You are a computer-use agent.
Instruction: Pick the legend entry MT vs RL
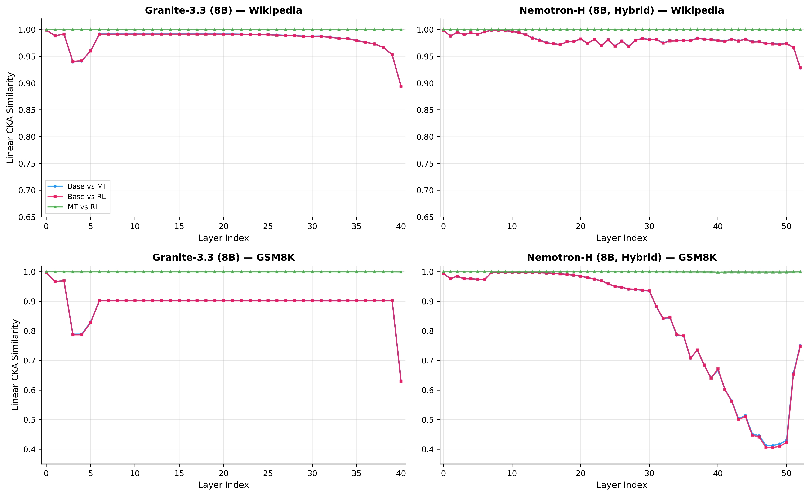coord(83,207)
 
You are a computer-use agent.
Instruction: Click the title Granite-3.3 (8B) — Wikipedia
coord(223,10)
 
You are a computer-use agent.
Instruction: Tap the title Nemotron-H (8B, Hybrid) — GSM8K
coord(622,257)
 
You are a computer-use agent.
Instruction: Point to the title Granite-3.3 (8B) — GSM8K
coord(223,257)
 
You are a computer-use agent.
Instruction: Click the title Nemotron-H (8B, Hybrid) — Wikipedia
coord(622,10)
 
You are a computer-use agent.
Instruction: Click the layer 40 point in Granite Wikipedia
coord(401,86)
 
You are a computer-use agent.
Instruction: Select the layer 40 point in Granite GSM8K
coord(401,381)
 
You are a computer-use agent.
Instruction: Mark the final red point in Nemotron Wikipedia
coord(800,68)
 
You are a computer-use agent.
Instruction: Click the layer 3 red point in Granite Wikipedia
coord(73,61)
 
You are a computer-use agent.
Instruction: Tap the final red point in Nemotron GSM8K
coord(800,346)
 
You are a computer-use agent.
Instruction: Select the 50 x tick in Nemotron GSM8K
coord(786,473)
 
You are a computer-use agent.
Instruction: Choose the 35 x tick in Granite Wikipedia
coord(357,227)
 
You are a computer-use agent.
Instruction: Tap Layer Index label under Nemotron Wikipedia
coord(622,238)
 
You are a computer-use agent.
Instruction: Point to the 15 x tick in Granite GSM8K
coord(179,473)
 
